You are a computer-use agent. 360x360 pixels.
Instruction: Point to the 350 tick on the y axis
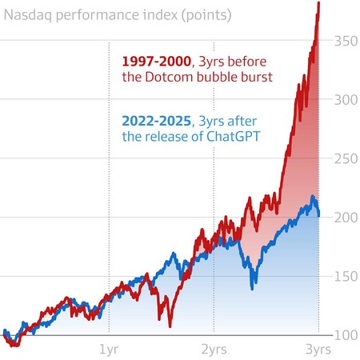[344, 40]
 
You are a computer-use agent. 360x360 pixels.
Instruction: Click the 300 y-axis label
[344, 99]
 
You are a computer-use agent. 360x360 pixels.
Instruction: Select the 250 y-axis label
[344, 158]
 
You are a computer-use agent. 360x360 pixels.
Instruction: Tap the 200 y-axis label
[344, 217]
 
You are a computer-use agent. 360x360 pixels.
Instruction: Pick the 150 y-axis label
[344, 276]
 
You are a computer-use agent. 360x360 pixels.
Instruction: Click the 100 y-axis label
[344, 334]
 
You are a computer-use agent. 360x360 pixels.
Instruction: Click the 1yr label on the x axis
[109, 350]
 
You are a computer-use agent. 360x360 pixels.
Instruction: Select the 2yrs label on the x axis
[213, 350]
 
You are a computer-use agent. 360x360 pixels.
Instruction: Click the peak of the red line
[319, 3]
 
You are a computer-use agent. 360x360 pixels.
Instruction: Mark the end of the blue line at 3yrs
[319, 215]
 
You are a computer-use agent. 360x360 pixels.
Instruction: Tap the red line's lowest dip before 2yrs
[169, 326]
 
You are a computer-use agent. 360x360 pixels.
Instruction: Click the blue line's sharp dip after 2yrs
[254, 287]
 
